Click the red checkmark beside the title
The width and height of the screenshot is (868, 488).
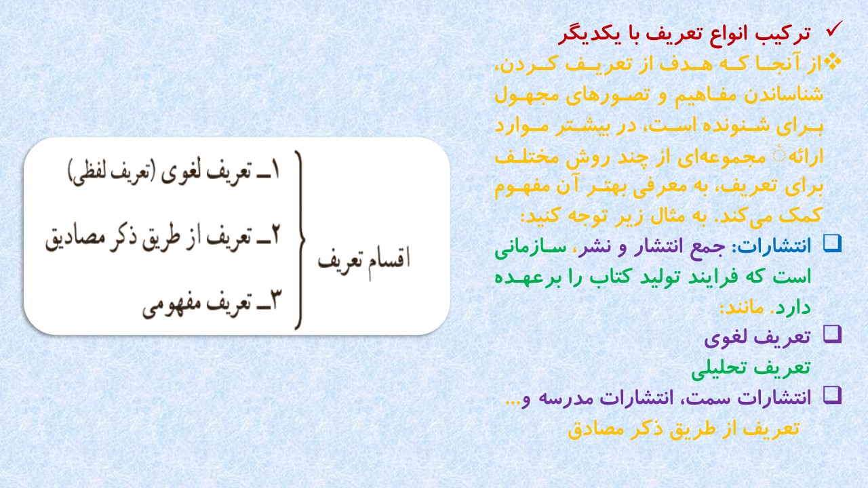click(834, 29)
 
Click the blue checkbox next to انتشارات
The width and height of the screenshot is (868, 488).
click(832, 244)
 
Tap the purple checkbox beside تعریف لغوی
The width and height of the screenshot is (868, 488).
click(832, 334)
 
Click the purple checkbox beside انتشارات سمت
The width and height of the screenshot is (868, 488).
click(832, 395)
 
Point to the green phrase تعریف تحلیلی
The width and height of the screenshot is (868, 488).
click(751, 367)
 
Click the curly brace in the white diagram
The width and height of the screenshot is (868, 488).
click(300, 240)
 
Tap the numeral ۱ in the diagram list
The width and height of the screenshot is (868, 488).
click(275, 170)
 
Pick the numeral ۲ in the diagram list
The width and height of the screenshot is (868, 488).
click(275, 235)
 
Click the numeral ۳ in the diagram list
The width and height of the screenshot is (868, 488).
click(275, 300)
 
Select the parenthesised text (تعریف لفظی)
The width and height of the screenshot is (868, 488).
click(112, 172)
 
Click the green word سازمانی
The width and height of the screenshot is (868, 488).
click(530, 248)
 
